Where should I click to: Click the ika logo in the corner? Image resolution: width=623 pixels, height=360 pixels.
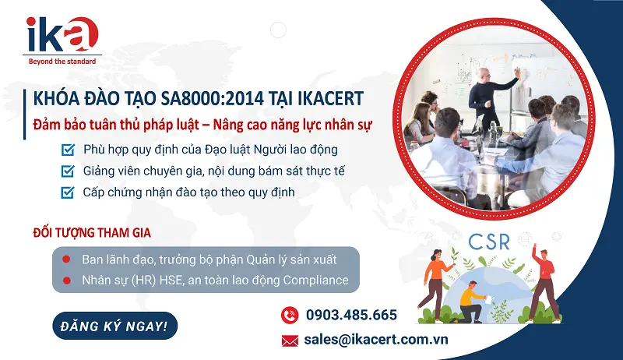point(62,34)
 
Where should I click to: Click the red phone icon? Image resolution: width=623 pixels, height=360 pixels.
point(290,316)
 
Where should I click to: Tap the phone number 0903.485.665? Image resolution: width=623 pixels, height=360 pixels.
point(351,316)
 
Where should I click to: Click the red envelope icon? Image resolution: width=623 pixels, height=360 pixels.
point(290,340)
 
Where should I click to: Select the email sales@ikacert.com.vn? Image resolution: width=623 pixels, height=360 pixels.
point(377,340)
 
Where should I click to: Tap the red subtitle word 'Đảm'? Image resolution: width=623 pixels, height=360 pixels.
point(48,125)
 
